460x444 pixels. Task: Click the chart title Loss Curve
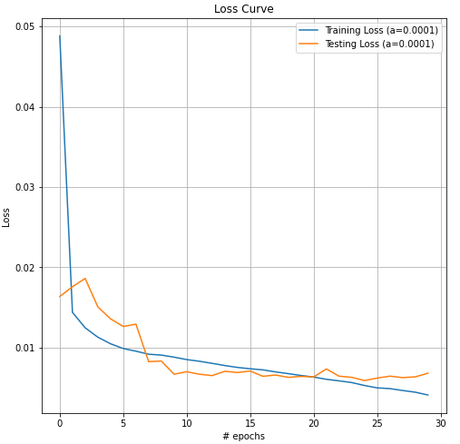(x=243, y=9)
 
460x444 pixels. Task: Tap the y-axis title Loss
(x=6, y=216)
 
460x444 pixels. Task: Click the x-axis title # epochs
(x=243, y=436)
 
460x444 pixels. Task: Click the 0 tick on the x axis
(x=60, y=422)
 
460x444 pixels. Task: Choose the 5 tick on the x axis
(x=123, y=422)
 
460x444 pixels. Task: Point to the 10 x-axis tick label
(x=187, y=422)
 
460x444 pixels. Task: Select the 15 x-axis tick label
(x=250, y=422)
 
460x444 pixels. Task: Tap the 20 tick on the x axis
(x=315, y=422)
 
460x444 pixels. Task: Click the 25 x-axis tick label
(x=378, y=422)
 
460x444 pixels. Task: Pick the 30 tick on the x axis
(x=442, y=422)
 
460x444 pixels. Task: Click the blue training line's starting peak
(x=60, y=36)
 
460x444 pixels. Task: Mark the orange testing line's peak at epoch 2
(x=85, y=279)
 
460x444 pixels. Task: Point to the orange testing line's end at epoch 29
(x=428, y=373)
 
